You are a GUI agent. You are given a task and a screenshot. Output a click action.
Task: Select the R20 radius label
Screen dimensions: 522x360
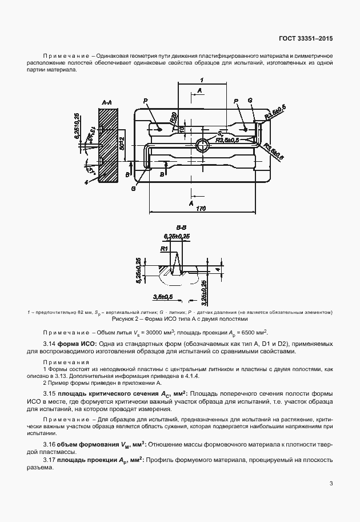(171, 118)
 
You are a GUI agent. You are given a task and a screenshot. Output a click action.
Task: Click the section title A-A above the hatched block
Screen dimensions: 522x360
(106, 102)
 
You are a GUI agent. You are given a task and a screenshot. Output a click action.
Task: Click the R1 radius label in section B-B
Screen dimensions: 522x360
(163, 249)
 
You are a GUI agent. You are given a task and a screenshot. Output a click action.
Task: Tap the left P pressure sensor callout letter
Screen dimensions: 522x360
(146, 101)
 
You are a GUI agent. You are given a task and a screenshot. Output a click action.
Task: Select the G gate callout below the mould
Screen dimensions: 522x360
(133, 187)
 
